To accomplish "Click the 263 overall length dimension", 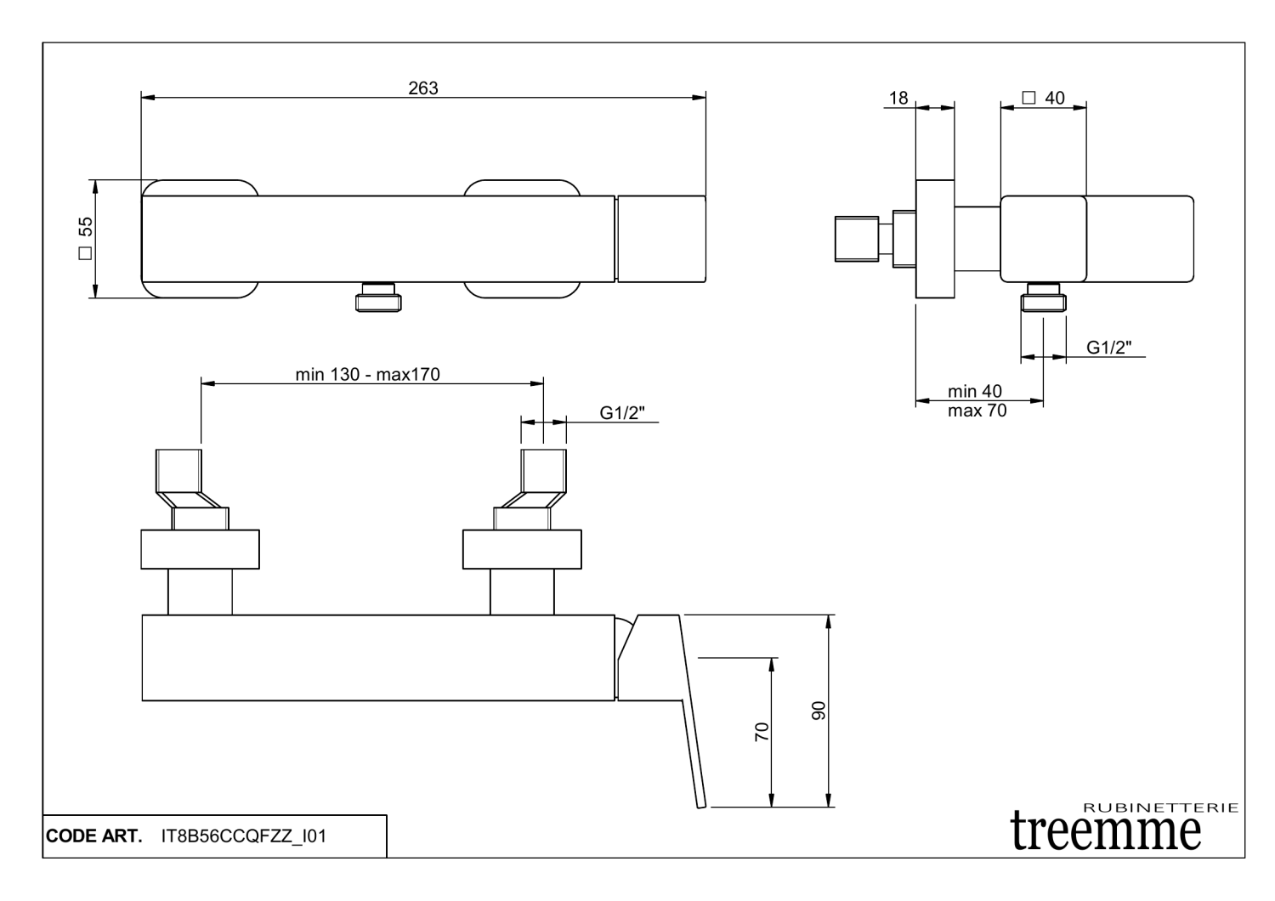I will [x=423, y=88].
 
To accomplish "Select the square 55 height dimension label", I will [x=86, y=238].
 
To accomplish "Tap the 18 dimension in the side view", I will [x=898, y=98].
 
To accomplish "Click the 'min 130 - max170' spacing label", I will [x=368, y=374].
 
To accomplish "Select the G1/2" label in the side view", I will [x=1108, y=347].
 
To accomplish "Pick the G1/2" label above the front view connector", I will [x=622, y=412].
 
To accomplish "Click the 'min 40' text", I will [x=975, y=392].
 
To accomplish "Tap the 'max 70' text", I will [x=977, y=411].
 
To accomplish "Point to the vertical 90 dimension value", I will [x=819, y=711].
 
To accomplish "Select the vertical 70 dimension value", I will [x=762, y=731].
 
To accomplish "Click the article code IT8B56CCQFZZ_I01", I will [x=243, y=836].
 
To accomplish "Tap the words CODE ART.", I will [x=94, y=836].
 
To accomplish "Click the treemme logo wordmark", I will [x=1107, y=830].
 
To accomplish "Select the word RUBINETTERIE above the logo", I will [x=1161, y=807].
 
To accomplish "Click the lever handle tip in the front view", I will [x=701, y=802].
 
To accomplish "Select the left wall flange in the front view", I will [x=200, y=549].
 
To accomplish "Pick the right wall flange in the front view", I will [x=522, y=549].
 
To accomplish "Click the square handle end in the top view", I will [x=661, y=239].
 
